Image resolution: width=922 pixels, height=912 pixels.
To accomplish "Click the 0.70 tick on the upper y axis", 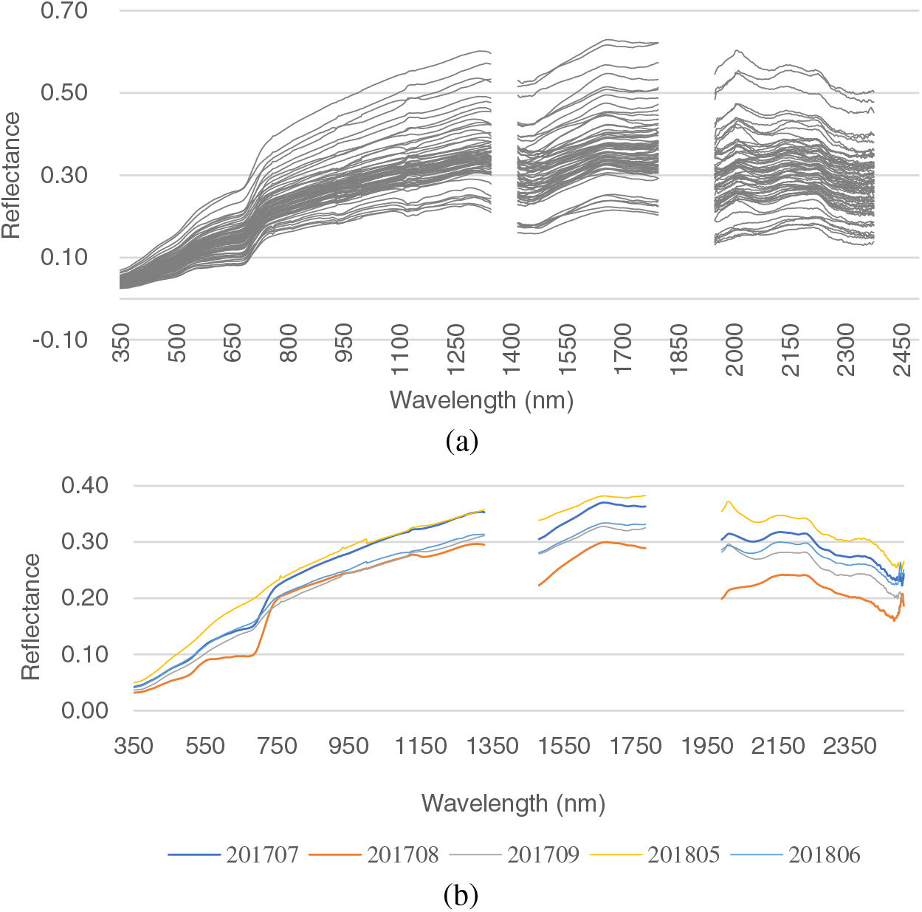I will click(x=64, y=11).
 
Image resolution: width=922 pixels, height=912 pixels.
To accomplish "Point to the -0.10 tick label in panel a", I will click(x=61, y=340).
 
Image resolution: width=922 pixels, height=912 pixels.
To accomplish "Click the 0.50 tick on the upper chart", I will click(x=64, y=93).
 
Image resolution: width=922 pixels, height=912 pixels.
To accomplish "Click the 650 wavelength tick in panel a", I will click(x=233, y=343).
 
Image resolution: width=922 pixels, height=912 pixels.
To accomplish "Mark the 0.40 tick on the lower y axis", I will click(x=85, y=486).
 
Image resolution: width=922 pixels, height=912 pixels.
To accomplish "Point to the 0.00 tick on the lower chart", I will click(x=85, y=710).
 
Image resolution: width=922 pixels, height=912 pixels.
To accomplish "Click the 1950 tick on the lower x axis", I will click(x=707, y=747).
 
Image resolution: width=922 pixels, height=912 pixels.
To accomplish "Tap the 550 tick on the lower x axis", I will click(x=205, y=747).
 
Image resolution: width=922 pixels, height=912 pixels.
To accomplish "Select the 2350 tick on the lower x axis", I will click(x=850, y=747).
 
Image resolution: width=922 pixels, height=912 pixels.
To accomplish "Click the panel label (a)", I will click(x=462, y=442).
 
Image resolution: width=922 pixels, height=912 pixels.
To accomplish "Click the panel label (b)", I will click(x=461, y=896).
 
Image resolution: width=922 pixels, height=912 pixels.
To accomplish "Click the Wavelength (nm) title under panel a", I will click(x=481, y=400).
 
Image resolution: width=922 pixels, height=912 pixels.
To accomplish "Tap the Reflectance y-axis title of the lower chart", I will click(x=31, y=617).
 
